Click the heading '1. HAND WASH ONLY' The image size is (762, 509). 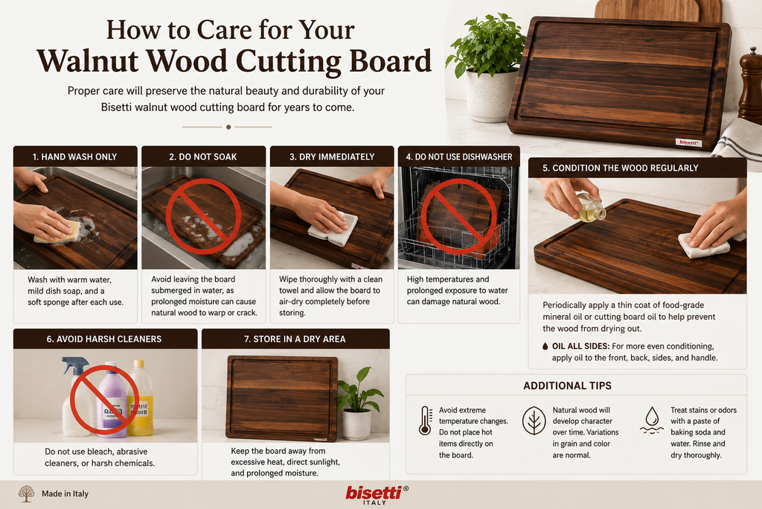(75, 157)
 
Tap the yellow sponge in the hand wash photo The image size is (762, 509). (57, 232)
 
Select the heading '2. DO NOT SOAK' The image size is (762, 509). (203, 157)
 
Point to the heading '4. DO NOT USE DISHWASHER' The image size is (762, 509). (458, 157)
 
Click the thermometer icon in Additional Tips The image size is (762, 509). (425, 420)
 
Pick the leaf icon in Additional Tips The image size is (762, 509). (534, 420)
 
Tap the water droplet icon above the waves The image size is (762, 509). (652, 416)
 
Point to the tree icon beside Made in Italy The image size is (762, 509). (26, 493)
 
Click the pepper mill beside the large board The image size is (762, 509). (750, 85)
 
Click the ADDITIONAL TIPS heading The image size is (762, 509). (567, 386)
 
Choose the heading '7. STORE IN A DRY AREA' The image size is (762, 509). (295, 339)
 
